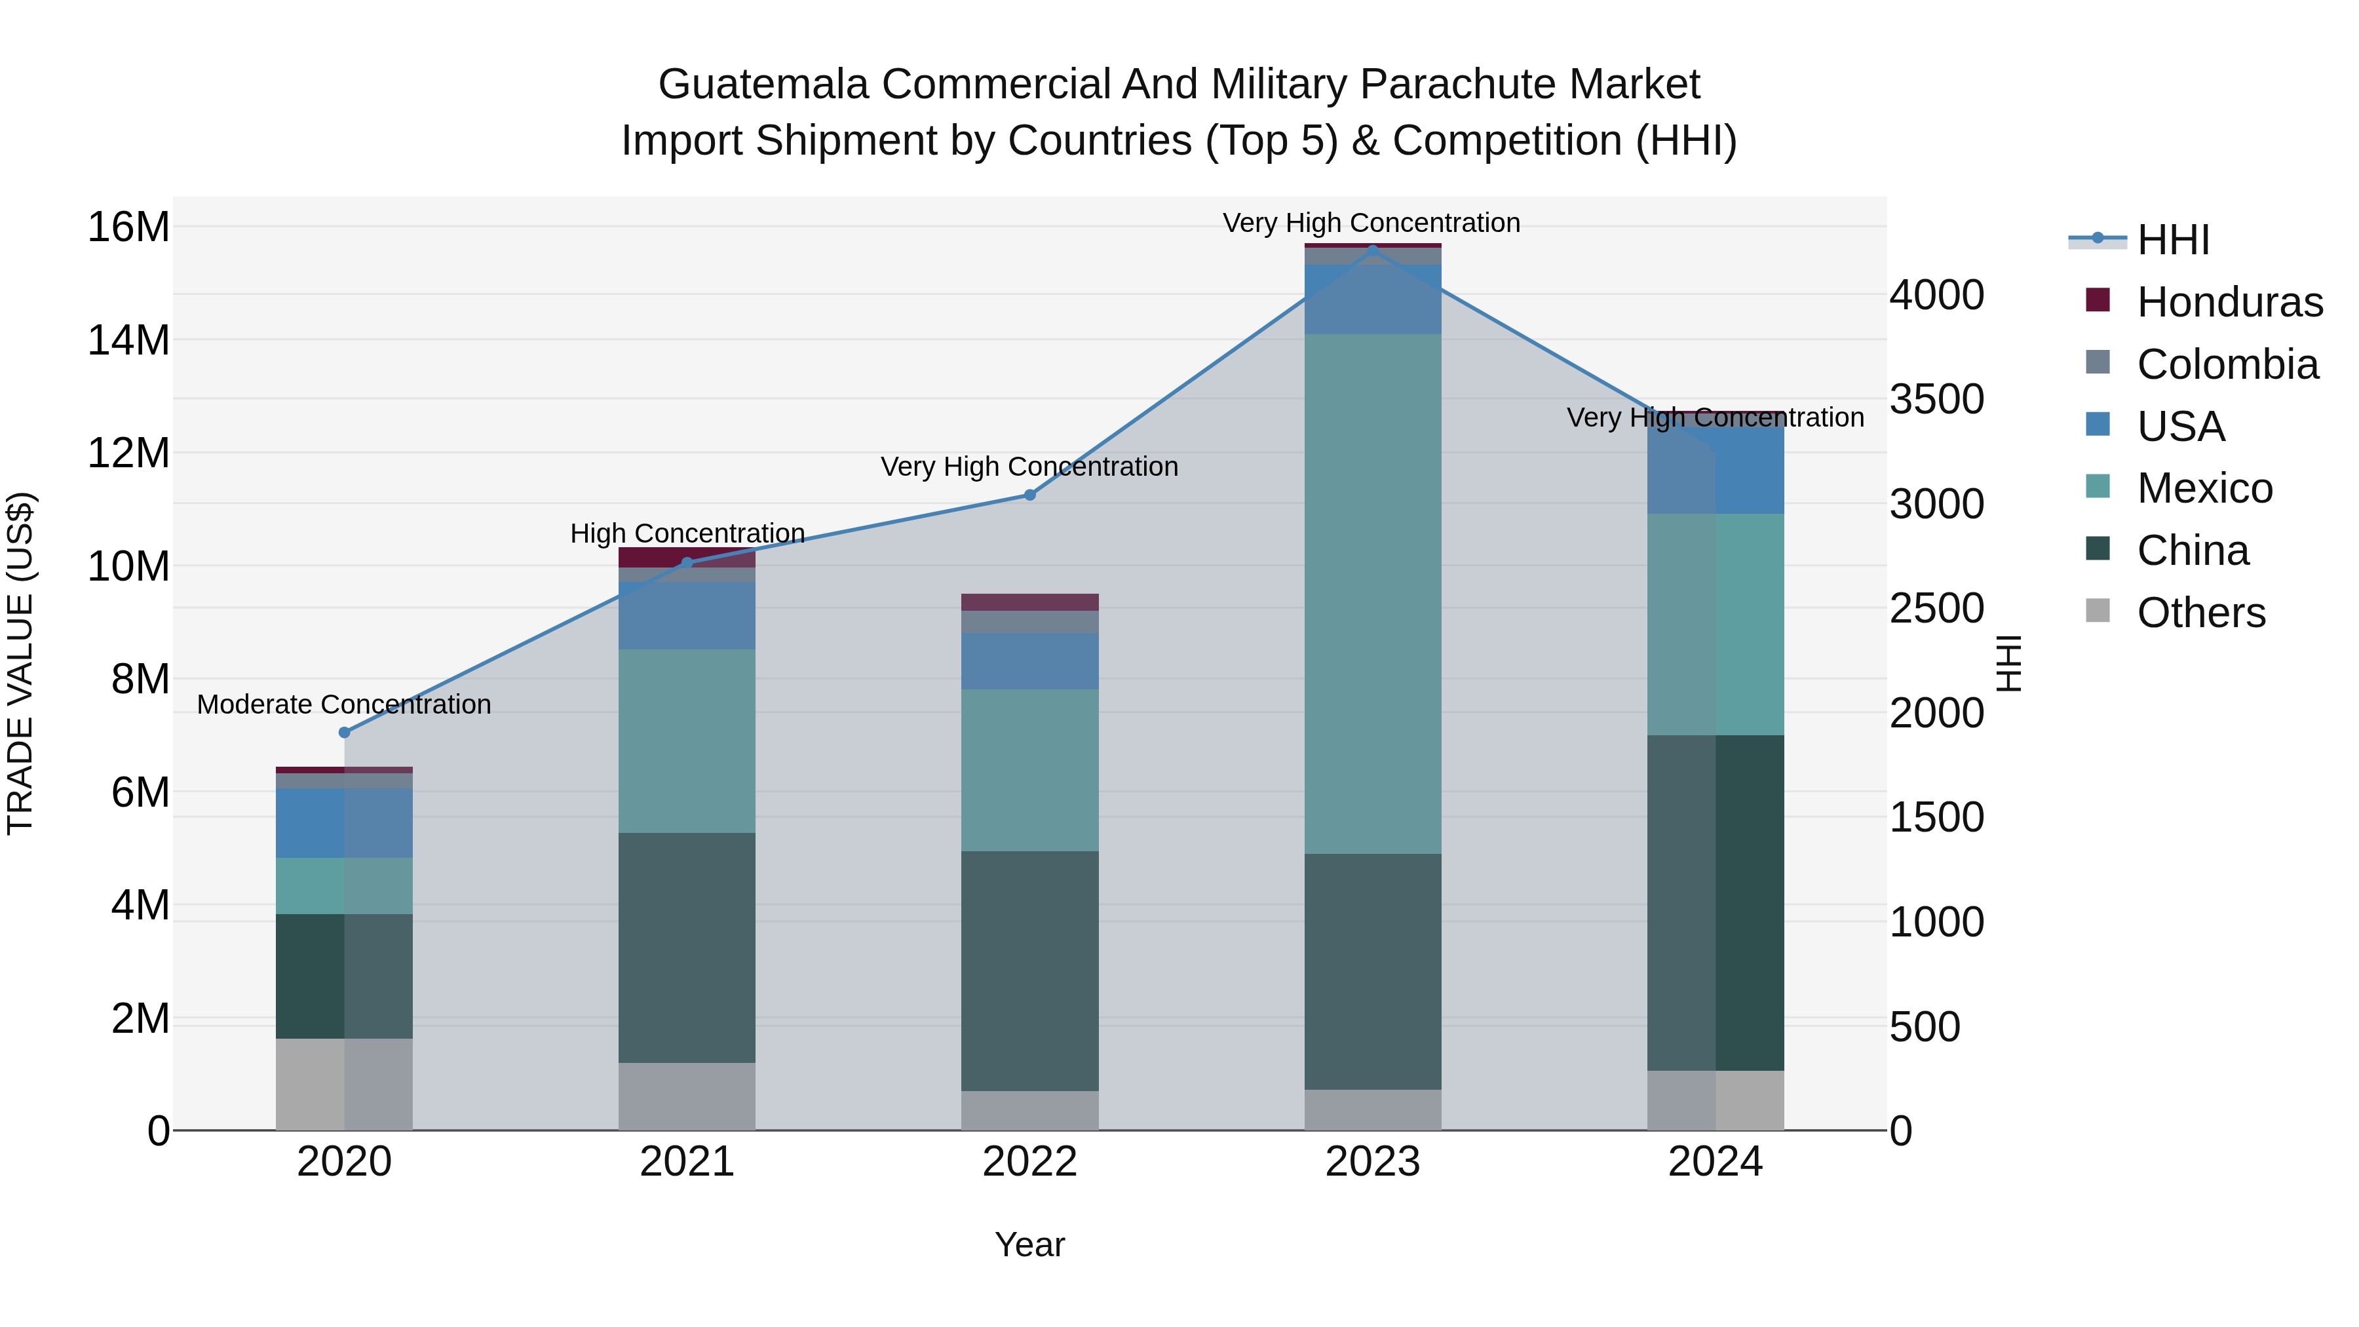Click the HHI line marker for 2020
pos(344,732)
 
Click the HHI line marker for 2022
pos(1029,495)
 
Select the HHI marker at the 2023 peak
pos(1371,249)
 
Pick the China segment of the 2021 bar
pos(687,947)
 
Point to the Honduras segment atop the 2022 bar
pos(1029,602)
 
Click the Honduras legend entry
pos(2229,302)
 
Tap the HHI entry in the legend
pos(2172,240)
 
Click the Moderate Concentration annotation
pos(344,704)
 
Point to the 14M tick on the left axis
pos(128,339)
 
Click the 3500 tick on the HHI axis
pos(1936,399)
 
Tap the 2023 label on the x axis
pos(1371,1162)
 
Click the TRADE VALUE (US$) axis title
pos(21,663)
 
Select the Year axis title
pos(1029,1244)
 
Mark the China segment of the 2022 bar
pos(1029,971)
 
